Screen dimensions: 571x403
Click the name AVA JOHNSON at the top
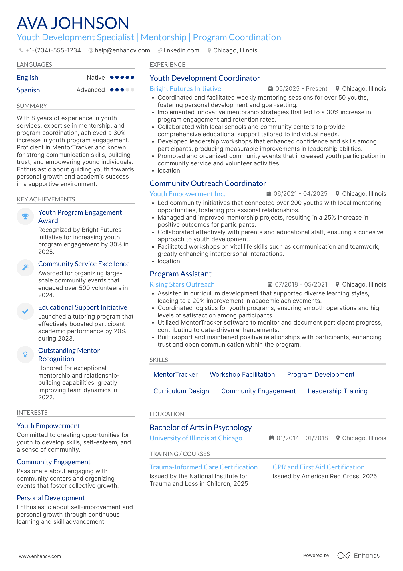73,23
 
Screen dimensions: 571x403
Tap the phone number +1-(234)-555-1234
53,50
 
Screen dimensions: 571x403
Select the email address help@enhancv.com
122,50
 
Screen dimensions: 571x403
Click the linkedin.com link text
181,50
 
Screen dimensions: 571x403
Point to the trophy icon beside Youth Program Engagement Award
25,216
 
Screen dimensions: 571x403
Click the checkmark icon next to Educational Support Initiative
25,311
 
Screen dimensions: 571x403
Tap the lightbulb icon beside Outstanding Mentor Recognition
25,355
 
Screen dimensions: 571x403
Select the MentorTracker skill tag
175,374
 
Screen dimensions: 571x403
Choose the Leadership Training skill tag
337,391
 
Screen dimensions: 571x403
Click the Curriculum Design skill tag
181,391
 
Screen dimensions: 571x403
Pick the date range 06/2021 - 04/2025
300,194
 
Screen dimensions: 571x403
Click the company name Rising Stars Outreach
182,284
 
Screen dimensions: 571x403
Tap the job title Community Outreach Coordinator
208,183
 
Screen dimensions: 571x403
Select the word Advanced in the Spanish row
91,90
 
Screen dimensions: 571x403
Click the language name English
27,78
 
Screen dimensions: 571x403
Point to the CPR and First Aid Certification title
318,467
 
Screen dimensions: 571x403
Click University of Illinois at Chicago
196,438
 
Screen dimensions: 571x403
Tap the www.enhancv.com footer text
40,556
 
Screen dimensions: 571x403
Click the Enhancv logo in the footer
359,556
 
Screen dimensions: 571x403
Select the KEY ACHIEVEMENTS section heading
46,199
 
